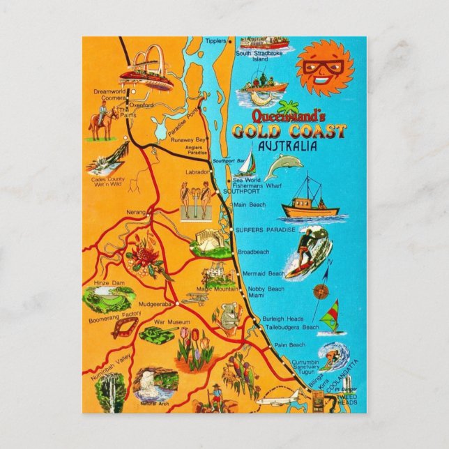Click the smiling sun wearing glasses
324,67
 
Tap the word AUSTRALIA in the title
287,146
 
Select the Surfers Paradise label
265,230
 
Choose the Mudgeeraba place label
155,304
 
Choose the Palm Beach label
289,345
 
